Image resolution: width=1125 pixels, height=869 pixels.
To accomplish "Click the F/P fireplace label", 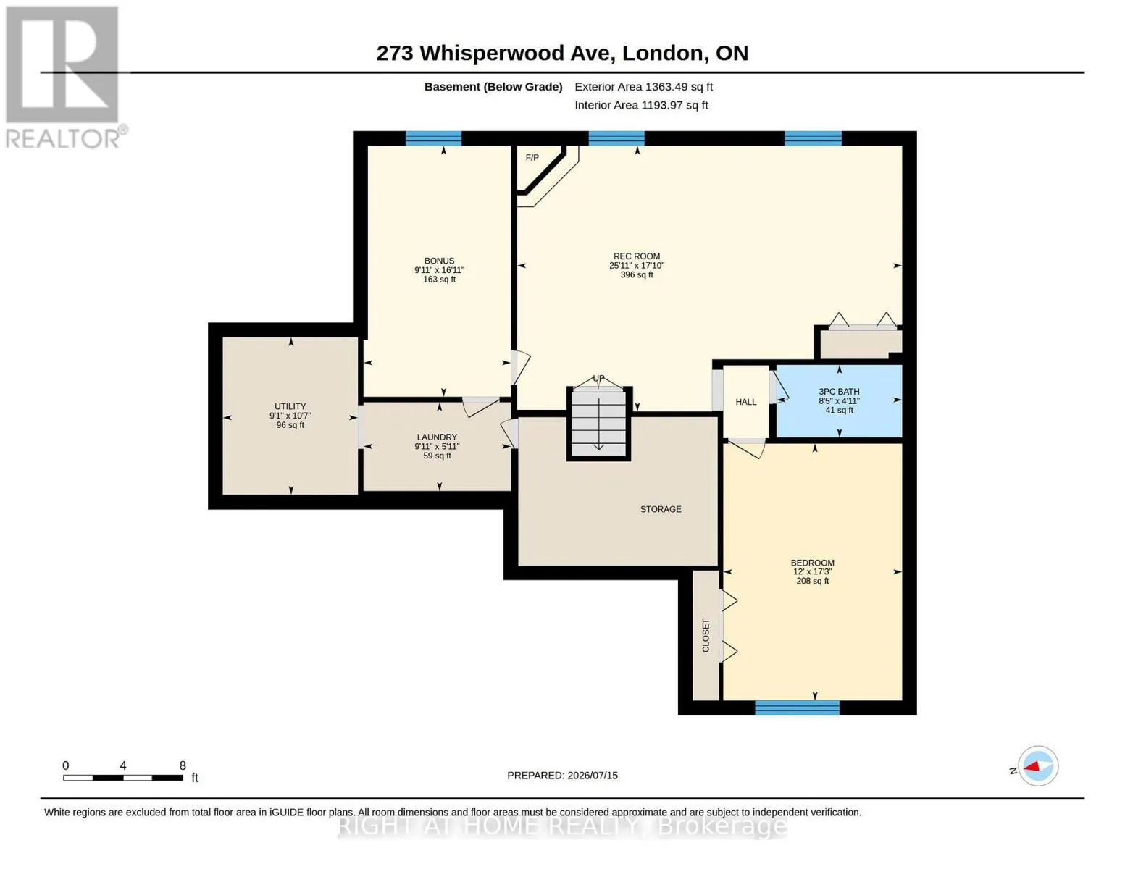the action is coord(532,158).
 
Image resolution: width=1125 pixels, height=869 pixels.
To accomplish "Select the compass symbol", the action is coord(1037,766).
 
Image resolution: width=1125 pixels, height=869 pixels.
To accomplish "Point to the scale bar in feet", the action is coord(123,777).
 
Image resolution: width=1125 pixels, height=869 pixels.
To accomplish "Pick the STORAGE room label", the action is coord(661,509).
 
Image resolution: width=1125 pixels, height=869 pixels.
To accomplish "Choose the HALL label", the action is coord(746,402).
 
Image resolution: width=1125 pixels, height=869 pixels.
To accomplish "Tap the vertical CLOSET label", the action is coord(706,636).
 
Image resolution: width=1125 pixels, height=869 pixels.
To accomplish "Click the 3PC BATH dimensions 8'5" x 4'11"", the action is coord(839,401).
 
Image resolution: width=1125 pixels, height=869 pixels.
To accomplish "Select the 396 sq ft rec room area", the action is coord(637,275).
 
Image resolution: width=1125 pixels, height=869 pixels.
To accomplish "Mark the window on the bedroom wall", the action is coord(797,708).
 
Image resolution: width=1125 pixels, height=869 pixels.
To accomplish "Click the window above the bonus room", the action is coord(433,138).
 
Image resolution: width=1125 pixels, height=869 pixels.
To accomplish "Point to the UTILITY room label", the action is coord(290,406).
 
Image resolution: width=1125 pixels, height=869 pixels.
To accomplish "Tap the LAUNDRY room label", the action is coord(437,437).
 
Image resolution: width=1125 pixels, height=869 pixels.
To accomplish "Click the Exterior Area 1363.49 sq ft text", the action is coord(643,87).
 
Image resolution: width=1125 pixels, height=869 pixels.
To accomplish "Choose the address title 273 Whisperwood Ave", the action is coord(495,53).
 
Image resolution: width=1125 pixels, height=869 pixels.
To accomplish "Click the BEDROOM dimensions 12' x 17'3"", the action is coord(812,571).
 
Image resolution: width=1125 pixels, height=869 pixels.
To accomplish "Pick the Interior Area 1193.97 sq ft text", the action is coord(641,105).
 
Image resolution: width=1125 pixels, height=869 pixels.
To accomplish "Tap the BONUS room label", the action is coord(439,261).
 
